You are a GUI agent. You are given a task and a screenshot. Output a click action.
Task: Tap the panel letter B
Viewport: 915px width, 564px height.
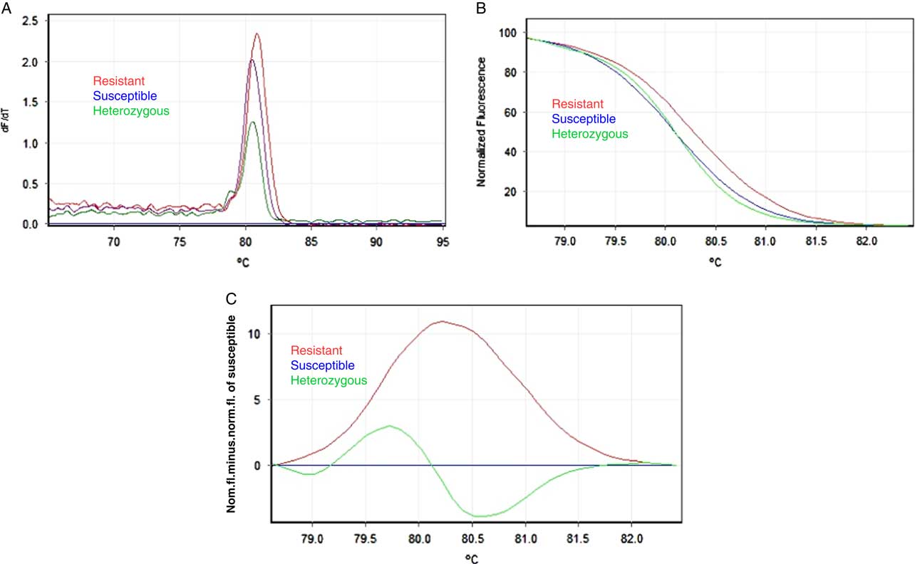(x=481, y=8)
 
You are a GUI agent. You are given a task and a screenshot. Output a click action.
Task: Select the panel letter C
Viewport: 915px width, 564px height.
(x=231, y=300)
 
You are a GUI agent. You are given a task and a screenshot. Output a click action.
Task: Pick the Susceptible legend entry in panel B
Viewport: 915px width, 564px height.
(x=584, y=119)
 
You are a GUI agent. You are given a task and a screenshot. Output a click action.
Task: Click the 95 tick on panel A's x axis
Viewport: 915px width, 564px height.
(x=443, y=241)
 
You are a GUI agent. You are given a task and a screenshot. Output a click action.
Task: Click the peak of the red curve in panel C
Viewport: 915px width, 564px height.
(x=443, y=321)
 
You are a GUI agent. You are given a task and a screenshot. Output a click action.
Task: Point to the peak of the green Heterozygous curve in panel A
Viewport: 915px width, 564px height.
(x=252, y=122)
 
